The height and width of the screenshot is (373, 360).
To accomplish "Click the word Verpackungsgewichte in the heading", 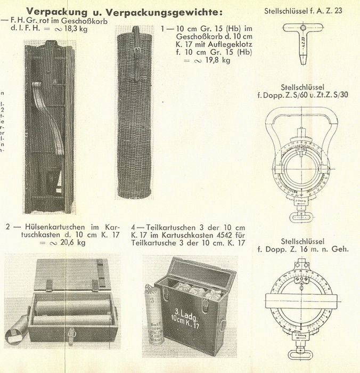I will (x=160, y=11).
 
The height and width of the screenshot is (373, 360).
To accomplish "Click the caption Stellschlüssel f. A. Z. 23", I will (x=302, y=11).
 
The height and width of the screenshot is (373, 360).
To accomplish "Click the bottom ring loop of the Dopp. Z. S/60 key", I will (x=302, y=217).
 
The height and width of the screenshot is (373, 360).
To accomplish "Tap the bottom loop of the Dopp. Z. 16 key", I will (x=302, y=353).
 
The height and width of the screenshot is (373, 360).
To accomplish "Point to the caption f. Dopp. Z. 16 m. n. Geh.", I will (x=302, y=249).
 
